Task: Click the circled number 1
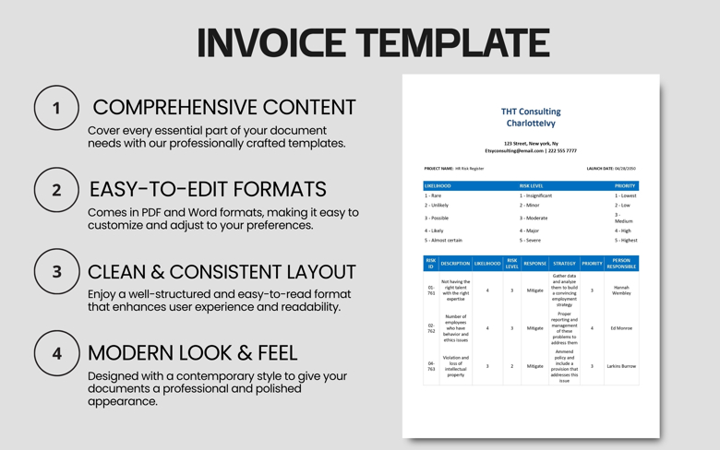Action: click(x=56, y=108)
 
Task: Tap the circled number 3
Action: click(x=56, y=272)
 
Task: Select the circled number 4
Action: click(x=56, y=353)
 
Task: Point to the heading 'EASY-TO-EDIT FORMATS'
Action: click(x=208, y=189)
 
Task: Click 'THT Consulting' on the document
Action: click(x=531, y=112)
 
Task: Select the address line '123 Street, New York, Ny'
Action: click(x=531, y=144)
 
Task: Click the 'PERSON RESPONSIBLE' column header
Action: click(x=621, y=264)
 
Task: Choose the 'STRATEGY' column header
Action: click(x=564, y=264)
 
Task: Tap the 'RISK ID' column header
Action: click(x=431, y=264)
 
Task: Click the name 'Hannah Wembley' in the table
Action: click(x=621, y=290)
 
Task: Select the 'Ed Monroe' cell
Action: click(x=621, y=328)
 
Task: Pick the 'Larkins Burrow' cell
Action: click(x=621, y=366)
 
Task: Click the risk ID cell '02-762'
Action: click(x=431, y=328)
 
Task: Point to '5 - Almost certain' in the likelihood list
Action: click(x=444, y=241)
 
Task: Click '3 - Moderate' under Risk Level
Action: click(x=534, y=219)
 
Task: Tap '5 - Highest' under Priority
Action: click(x=626, y=241)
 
